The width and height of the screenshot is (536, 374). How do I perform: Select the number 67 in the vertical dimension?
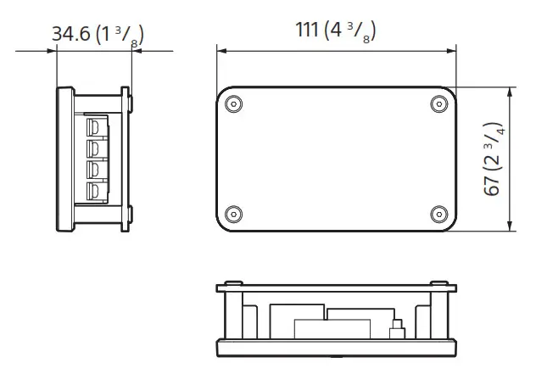[x=492, y=185]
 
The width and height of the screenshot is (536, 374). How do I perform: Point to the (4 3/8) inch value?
[x=350, y=31]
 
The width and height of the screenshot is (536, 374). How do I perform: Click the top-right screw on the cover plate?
[x=438, y=103]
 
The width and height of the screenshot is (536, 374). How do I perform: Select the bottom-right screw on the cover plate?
[x=438, y=212]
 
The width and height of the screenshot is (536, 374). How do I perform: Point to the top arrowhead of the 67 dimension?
[x=510, y=91]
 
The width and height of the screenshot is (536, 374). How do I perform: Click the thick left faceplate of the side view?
[x=63, y=159]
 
